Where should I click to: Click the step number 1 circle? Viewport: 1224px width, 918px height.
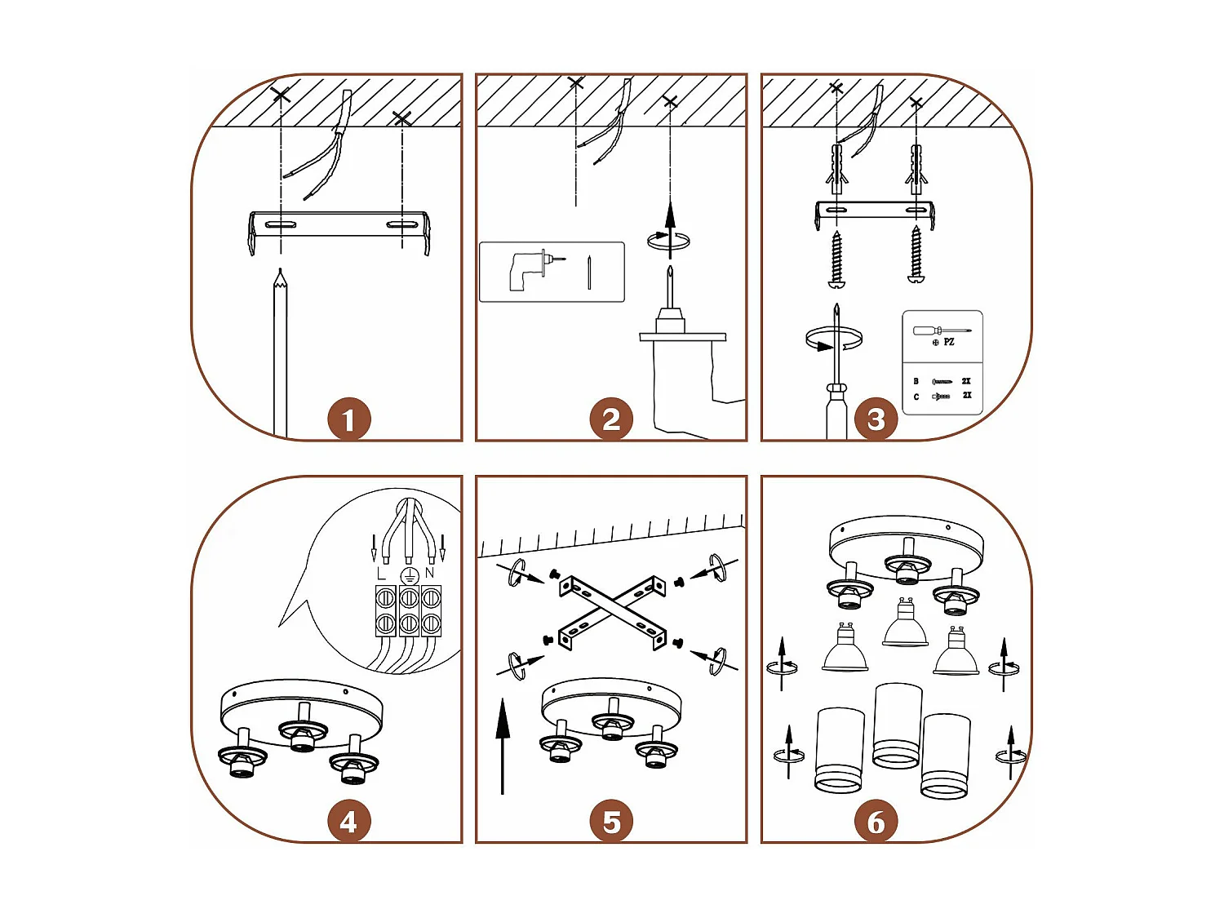(348, 419)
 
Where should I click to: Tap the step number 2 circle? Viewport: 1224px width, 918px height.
(611, 419)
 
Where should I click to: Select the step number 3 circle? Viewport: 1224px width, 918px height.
(876, 419)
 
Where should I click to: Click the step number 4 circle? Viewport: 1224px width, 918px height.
(348, 822)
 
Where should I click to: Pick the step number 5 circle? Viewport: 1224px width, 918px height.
(611, 822)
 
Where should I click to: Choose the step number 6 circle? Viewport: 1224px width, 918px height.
(876, 822)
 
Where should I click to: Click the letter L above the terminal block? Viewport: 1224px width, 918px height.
(381, 574)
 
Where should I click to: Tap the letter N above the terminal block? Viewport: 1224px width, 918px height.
(430, 574)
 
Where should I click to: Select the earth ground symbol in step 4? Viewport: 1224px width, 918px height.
(409, 575)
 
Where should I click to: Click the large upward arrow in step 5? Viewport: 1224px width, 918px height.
(503, 743)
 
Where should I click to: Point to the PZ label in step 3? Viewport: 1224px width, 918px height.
(948, 342)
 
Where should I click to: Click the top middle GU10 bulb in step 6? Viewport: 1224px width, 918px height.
(904, 624)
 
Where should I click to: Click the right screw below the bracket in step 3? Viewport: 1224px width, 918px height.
(916, 255)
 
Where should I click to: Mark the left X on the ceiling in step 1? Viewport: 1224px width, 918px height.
(281, 95)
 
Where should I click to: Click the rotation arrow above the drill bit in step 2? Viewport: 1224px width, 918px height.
(668, 240)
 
